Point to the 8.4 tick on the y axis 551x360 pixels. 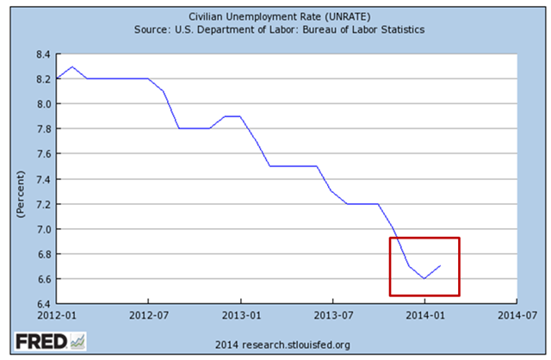click(x=42, y=53)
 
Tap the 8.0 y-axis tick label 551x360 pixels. click(x=42, y=103)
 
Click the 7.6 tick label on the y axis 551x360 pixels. click(x=42, y=154)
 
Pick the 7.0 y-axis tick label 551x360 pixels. click(x=42, y=229)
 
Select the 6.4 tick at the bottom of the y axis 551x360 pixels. click(x=42, y=304)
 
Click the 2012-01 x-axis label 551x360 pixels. click(x=57, y=315)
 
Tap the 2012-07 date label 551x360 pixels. click(x=148, y=315)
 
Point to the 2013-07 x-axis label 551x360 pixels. click(x=332, y=315)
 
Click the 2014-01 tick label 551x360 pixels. click(x=424, y=315)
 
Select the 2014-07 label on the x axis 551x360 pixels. click(x=516, y=315)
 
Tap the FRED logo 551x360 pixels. click(x=40, y=342)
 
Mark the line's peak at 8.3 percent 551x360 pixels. click(x=72, y=66)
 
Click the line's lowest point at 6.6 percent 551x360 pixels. click(x=424, y=278)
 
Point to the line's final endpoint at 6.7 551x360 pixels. click(x=440, y=266)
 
